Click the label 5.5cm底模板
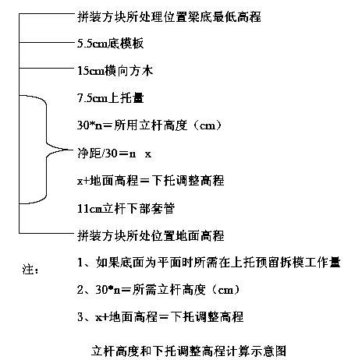pos(110,44)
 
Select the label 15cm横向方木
pos(115,71)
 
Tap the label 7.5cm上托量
pos(111,98)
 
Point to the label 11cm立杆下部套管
pos(126,209)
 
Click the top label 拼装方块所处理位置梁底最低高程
pos(169,17)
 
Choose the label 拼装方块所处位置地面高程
pos(151,236)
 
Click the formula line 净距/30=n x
pos(114,154)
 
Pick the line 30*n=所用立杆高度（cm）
pos(149,125)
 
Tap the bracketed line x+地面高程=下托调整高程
pos(151,181)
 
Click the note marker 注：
pos(30,270)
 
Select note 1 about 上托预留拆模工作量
pos(209,263)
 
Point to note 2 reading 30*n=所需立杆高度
pos(158,290)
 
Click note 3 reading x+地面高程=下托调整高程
pos(160,317)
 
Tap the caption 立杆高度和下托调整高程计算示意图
pos(189,351)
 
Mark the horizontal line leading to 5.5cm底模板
pos(47,42)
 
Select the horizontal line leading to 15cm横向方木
pos(47,69)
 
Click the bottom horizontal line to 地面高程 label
pos(47,233)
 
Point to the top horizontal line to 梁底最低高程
pos(47,14)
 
